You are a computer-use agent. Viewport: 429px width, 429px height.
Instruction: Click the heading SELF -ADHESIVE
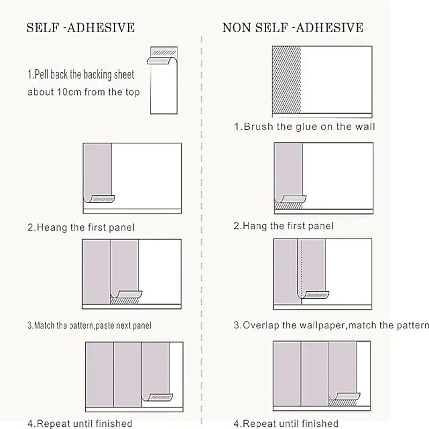point(80,27)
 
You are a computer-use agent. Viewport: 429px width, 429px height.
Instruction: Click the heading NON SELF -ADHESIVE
point(293,27)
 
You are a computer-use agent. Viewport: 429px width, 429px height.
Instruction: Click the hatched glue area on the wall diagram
point(287,80)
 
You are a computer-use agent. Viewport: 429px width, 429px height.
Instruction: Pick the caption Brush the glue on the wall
point(304,127)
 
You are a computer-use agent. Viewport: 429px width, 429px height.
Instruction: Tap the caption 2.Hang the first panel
point(283,226)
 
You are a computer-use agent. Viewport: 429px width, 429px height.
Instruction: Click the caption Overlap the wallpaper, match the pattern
point(331,325)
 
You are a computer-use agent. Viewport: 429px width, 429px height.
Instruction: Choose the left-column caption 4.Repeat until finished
point(80,424)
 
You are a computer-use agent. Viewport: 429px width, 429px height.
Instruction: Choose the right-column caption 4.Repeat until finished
point(286,424)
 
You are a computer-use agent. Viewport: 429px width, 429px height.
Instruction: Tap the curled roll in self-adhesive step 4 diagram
point(158,397)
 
